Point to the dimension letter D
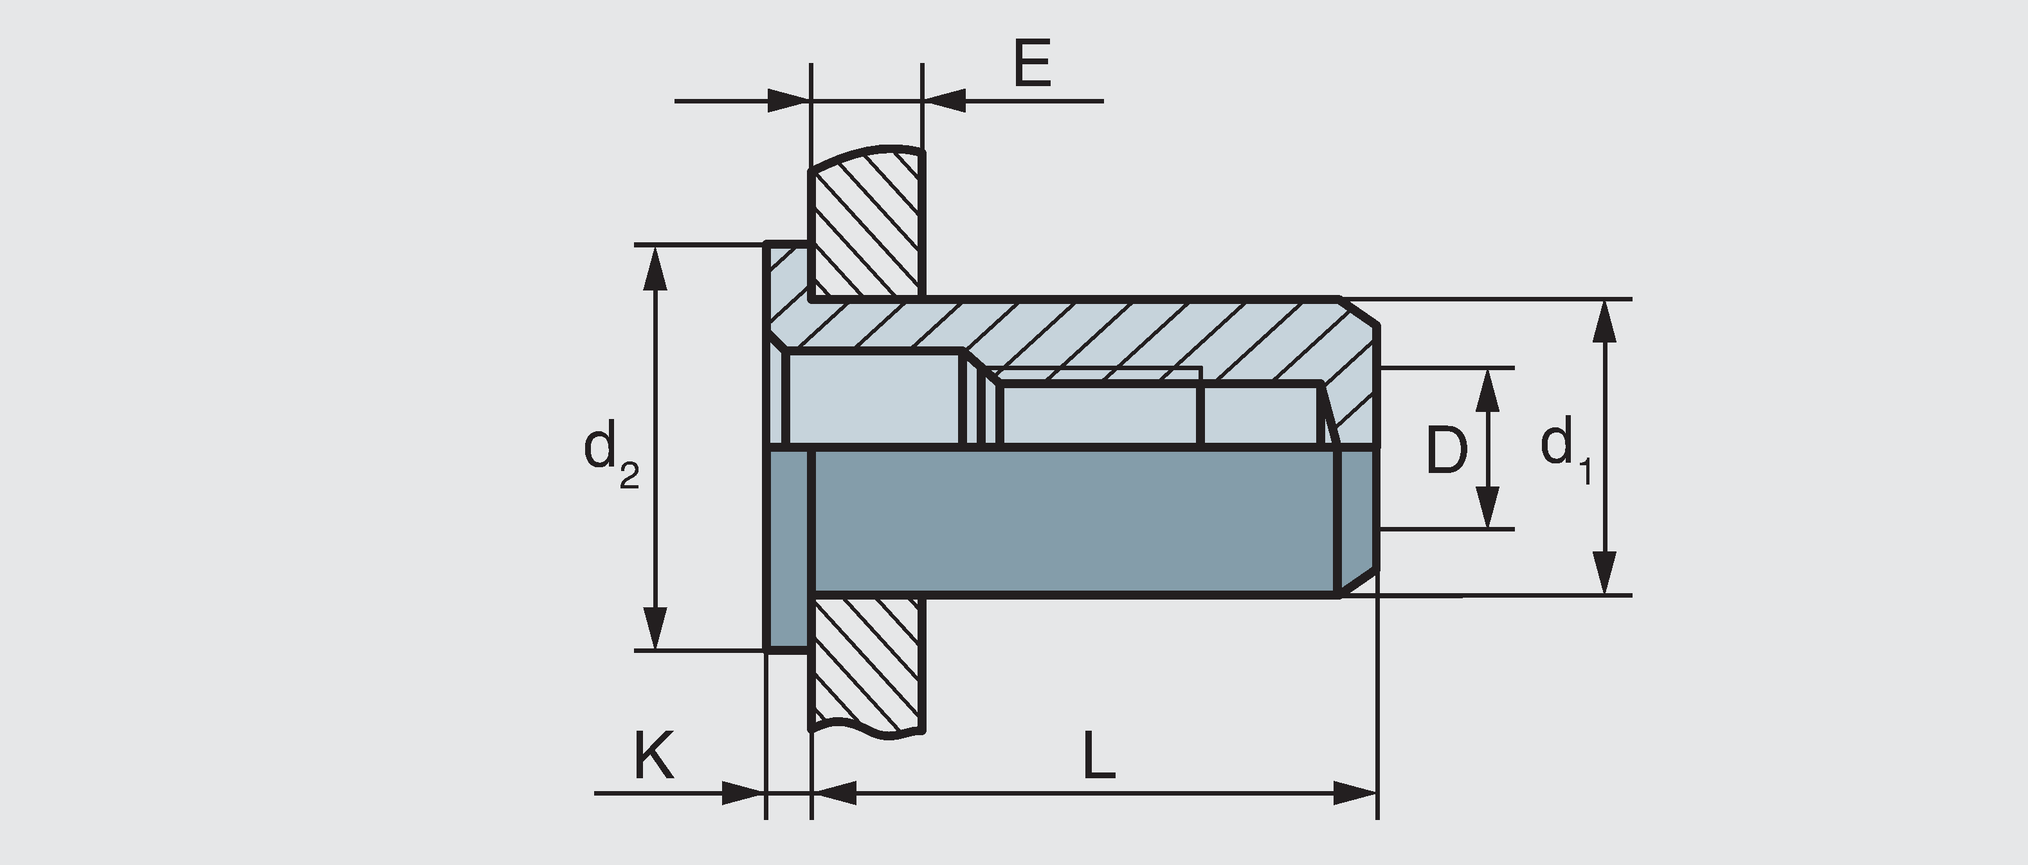pyautogui.click(x=1446, y=451)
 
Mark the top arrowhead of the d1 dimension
pyautogui.click(x=1604, y=319)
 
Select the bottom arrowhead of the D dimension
pyautogui.click(x=1487, y=508)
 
